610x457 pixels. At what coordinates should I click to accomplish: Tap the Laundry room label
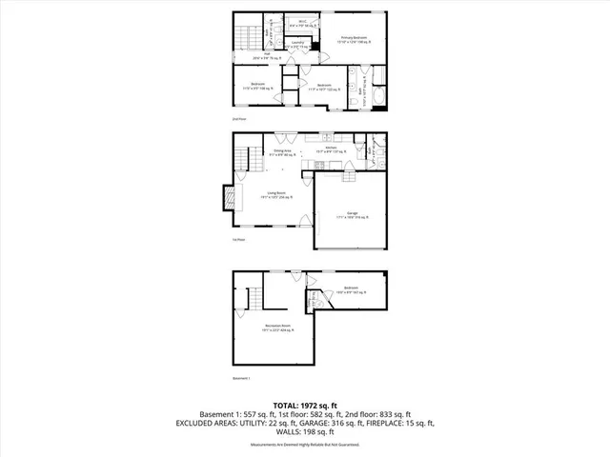[297, 43]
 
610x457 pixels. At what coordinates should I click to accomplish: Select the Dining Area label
[283, 152]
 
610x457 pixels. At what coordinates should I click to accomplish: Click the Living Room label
[278, 197]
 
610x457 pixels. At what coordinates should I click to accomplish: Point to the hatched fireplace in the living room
[229, 197]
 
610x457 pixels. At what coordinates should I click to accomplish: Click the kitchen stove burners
[334, 161]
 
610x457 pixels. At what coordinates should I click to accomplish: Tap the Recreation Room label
[279, 328]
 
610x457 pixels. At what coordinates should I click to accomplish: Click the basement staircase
[242, 304]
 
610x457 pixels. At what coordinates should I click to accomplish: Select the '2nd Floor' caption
[239, 119]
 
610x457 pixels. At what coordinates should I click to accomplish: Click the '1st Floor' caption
[239, 240]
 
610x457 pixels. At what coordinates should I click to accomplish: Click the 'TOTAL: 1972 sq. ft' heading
[305, 404]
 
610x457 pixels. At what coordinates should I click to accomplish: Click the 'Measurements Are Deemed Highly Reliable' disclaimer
[305, 444]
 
